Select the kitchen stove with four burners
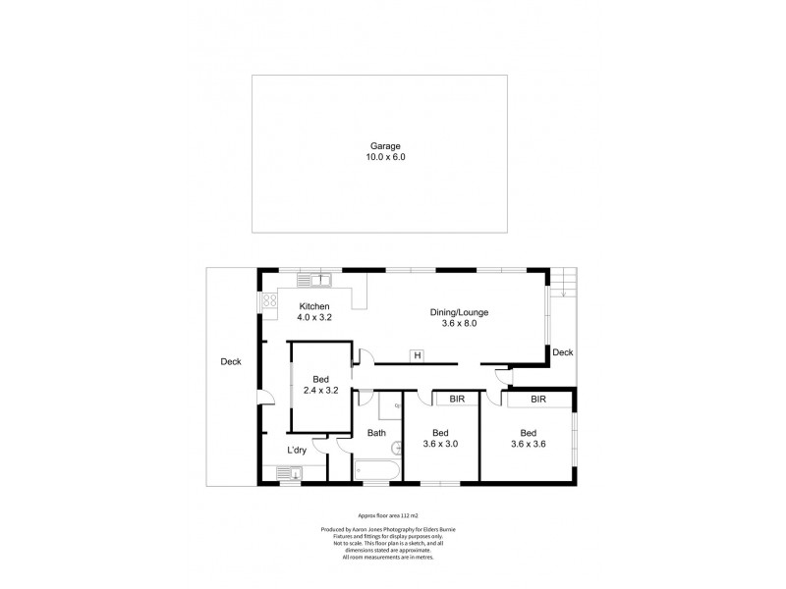pyautogui.click(x=269, y=302)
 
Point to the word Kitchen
pyautogui.click(x=314, y=307)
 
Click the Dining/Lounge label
pyautogui.click(x=459, y=313)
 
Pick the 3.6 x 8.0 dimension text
pyautogui.click(x=459, y=324)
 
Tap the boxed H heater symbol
pyautogui.click(x=417, y=354)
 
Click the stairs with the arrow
pyautogui.click(x=563, y=286)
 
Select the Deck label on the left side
pyautogui.click(x=231, y=362)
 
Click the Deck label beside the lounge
pyautogui.click(x=562, y=352)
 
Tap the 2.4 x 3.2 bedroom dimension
pyautogui.click(x=319, y=391)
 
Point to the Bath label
pyautogui.click(x=377, y=433)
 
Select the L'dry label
pyautogui.click(x=298, y=451)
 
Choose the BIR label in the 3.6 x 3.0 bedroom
pyautogui.click(x=457, y=401)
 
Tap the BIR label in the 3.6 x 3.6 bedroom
pyautogui.click(x=538, y=401)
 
